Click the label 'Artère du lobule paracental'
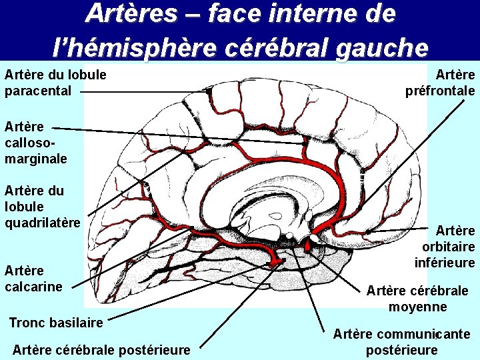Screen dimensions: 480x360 (55, 82)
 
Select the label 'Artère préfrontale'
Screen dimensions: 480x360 (440, 82)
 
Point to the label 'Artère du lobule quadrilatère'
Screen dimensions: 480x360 (42, 206)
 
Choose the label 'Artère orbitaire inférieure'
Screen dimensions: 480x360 (445, 247)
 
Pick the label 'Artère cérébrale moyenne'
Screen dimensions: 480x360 (417, 299)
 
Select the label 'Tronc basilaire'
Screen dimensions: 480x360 (56, 323)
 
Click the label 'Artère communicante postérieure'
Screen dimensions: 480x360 (401, 341)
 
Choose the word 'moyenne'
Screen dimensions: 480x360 (417, 307)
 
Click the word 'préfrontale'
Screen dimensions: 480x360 (440, 90)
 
